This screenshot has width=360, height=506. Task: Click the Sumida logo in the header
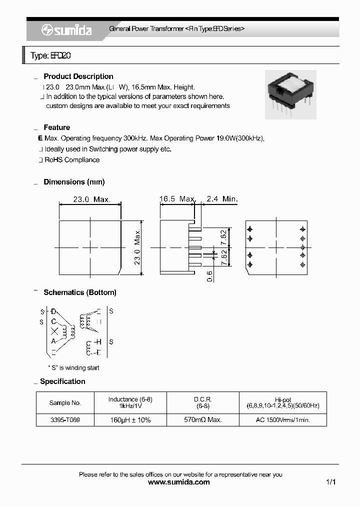(x=66, y=30)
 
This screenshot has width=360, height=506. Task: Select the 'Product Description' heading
(x=78, y=76)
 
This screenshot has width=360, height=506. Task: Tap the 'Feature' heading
(x=56, y=127)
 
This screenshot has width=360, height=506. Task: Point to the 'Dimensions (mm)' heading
(x=74, y=182)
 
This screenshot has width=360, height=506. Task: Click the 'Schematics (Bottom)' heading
(x=80, y=292)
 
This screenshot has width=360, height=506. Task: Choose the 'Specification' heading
(x=62, y=381)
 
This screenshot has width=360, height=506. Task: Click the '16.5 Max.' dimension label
(x=177, y=199)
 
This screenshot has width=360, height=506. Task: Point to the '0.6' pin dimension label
(x=210, y=275)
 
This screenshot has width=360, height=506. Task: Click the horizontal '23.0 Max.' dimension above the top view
(x=91, y=199)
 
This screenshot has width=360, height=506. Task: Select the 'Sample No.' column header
(x=65, y=403)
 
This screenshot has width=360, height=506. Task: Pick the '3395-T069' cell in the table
(x=65, y=420)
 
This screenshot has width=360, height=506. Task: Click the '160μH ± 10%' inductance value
(x=130, y=420)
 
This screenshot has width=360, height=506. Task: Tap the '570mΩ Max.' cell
(x=203, y=420)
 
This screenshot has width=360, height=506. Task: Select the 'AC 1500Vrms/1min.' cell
(x=283, y=420)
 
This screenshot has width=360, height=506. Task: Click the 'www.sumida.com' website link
(x=179, y=482)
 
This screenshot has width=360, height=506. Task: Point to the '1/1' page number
(x=330, y=482)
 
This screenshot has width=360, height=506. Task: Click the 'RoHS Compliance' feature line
(x=72, y=160)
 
